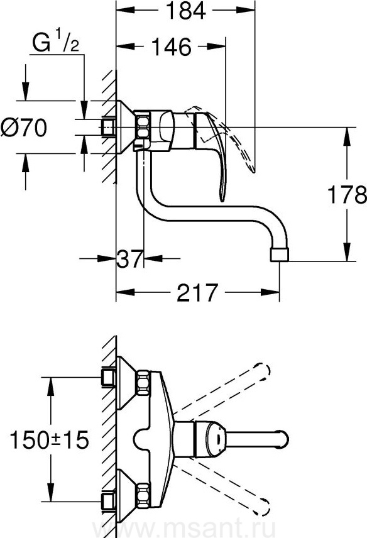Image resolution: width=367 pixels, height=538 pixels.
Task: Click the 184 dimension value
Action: (x=185, y=11)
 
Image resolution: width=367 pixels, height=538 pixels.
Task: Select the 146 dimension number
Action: (x=171, y=47)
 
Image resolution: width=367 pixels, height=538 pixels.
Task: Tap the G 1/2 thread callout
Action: (x=56, y=41)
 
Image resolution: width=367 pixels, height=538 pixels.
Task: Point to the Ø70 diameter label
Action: (x=24, y=128)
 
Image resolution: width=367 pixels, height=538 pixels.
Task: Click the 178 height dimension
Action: (x=347, y=195)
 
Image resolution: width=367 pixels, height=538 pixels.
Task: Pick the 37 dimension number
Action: (x=129, y=258)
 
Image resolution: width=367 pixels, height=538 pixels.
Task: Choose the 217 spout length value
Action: (x=197, y=293)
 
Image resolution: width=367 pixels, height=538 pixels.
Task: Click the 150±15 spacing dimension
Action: (x=50, y=440)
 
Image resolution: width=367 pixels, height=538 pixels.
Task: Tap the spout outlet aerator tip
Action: (x=280, y=255)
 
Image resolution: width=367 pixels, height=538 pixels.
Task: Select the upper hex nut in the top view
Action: (x=143, y=383)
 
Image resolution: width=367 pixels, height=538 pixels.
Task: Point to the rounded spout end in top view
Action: (x=283, y=439)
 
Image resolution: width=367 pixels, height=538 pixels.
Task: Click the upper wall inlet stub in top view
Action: (x=108, y=378)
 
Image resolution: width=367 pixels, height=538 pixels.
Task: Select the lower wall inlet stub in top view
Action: (x=108, y=502)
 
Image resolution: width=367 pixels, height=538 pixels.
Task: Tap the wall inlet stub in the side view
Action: (x=108, y=128)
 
